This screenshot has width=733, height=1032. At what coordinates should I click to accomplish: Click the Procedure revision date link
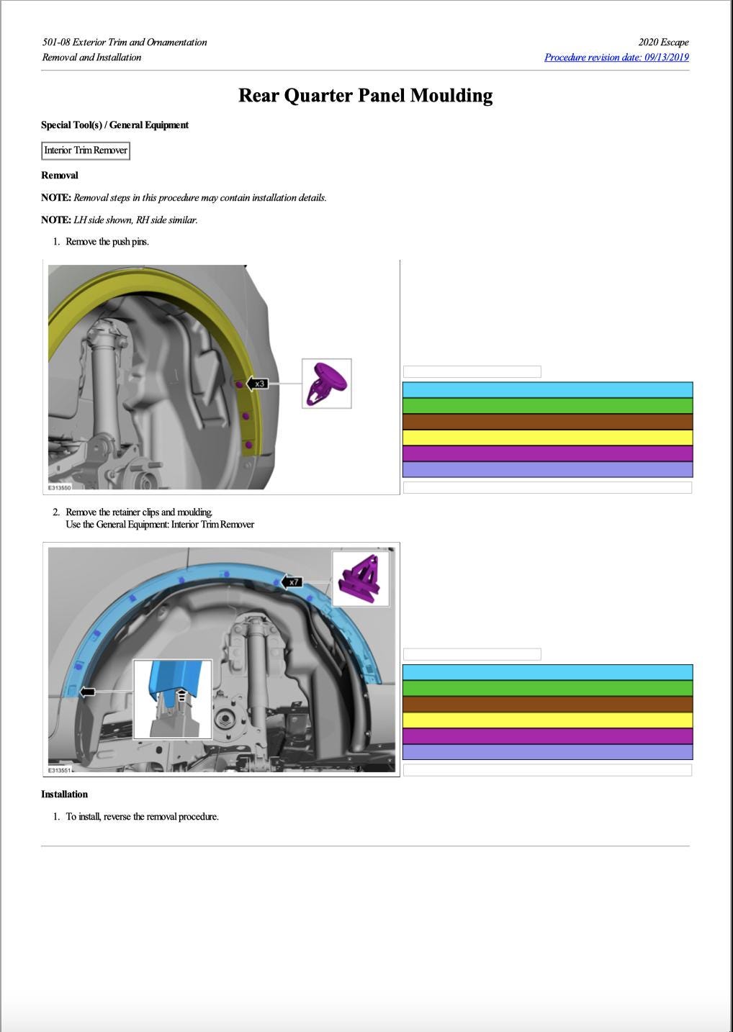616,58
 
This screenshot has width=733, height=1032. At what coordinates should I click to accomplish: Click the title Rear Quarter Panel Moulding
365,96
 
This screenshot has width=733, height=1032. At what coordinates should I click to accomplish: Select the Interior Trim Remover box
86,150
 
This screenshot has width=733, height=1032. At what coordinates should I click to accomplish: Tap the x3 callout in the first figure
258,384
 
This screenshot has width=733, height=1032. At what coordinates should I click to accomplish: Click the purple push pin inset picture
327,384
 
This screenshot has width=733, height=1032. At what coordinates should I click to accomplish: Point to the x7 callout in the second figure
292,581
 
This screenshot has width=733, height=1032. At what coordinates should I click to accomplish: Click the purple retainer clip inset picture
361,578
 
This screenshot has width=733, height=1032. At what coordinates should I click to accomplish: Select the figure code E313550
60,488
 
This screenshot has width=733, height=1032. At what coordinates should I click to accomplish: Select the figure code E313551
60,770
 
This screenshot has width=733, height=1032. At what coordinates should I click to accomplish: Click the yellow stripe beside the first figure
547,438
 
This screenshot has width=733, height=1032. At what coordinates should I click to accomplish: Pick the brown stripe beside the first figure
547,422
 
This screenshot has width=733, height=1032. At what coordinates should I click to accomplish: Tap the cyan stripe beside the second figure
547,672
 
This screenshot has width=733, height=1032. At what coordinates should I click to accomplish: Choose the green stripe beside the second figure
547,688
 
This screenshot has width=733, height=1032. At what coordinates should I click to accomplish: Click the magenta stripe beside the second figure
547,735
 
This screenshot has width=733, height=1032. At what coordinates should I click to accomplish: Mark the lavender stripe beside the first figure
547,469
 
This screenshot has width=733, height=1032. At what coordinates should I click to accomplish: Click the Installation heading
64,795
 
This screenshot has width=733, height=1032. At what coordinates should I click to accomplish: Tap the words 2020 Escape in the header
663,42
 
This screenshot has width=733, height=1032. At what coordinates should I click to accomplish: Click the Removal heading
60,176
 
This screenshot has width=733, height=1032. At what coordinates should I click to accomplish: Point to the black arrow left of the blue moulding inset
87,692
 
